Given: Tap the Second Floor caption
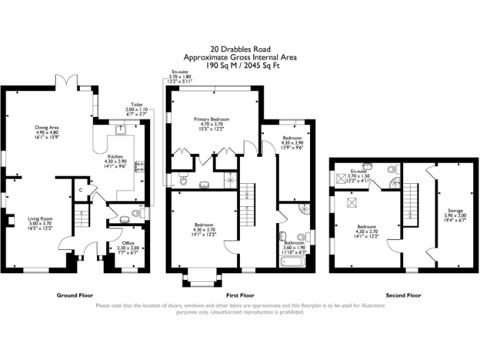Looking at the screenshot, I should (x=404, y=295).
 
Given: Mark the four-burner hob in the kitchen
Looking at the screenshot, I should (x=139, y=167).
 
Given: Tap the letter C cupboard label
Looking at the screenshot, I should (x=81, y=190).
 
